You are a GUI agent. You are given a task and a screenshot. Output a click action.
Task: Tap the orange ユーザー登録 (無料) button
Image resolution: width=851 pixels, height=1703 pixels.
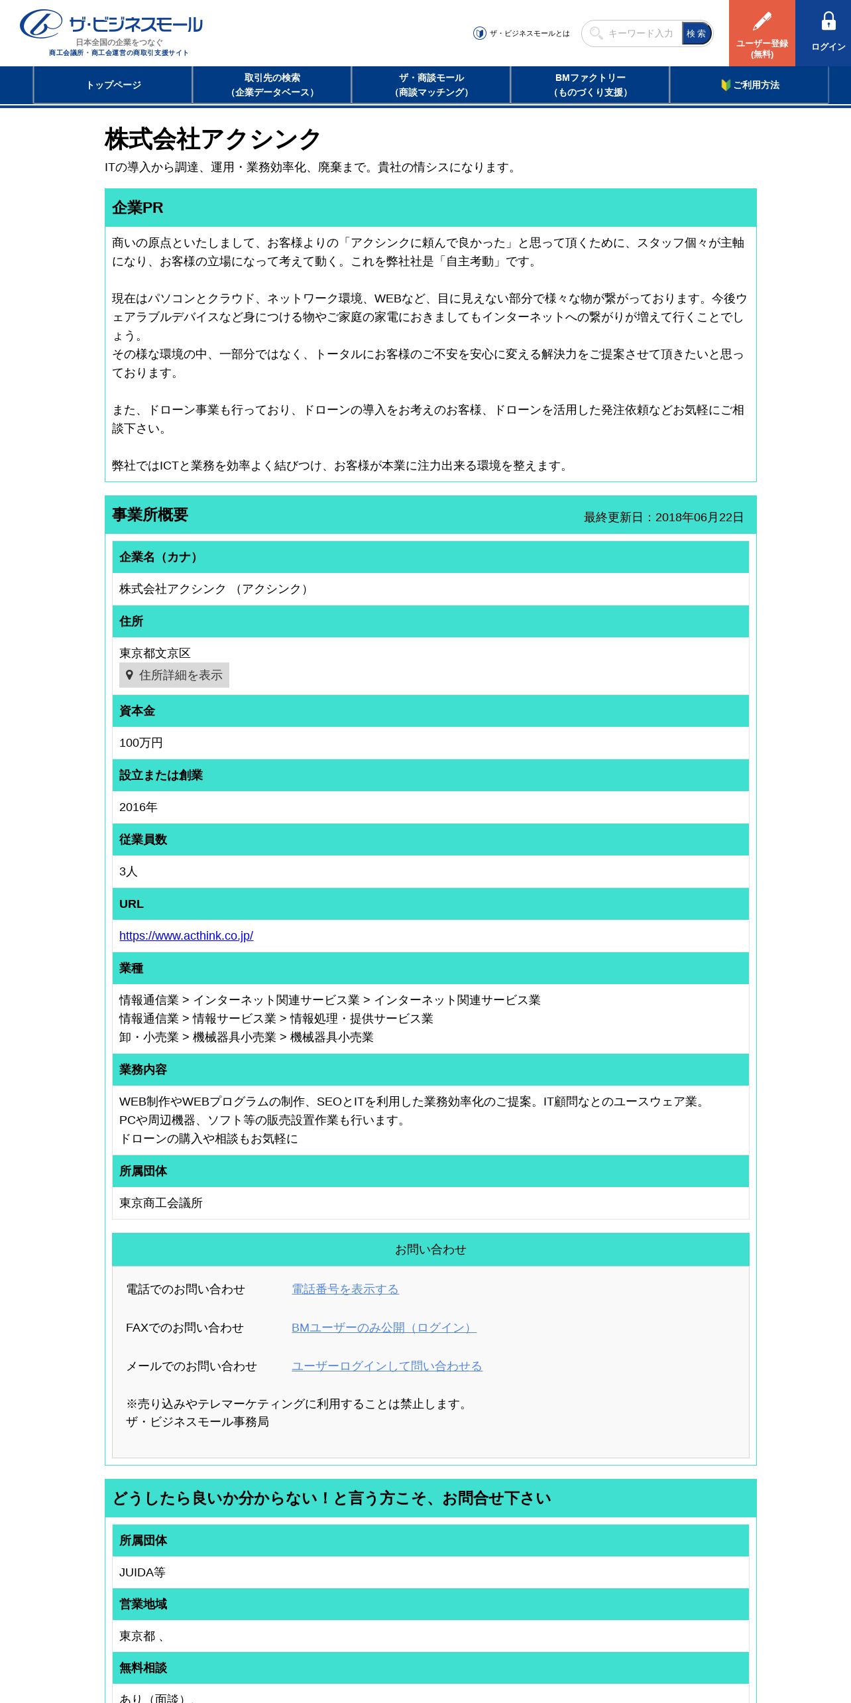(762, 33)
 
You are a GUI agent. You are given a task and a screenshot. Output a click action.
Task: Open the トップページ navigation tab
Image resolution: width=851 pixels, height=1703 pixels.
(113, 85)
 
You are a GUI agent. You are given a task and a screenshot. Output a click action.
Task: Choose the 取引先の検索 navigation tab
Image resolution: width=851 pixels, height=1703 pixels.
(272, 85)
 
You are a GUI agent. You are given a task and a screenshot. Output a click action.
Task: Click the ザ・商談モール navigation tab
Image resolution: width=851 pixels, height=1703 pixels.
(431, 85)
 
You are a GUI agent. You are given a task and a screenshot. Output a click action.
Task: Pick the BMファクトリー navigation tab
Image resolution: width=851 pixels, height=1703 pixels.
(591, 85)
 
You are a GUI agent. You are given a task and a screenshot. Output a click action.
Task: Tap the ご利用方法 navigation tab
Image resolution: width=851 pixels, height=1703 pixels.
(750, 85)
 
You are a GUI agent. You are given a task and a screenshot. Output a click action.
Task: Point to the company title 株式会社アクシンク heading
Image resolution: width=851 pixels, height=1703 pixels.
(213, 139)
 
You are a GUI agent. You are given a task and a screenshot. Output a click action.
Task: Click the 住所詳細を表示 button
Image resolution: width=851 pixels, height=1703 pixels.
(174, 675)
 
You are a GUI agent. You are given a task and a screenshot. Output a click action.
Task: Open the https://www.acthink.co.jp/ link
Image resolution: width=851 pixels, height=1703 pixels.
(186, 936)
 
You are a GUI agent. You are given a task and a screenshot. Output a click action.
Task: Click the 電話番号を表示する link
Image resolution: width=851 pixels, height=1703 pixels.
(345, 1289)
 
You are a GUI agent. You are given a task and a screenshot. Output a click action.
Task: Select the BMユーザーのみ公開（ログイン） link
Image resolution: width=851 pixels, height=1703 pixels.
(384, 1328)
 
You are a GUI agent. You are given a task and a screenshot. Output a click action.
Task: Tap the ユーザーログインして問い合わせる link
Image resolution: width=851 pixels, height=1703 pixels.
(387, 1366)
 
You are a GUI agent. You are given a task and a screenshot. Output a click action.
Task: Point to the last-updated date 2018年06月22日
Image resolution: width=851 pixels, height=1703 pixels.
(699, 517)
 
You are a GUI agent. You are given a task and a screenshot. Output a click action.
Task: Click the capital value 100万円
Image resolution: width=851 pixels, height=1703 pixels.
(141, 743)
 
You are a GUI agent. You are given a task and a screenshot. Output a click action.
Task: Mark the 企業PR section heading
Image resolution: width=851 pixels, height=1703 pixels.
(138, 208)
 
